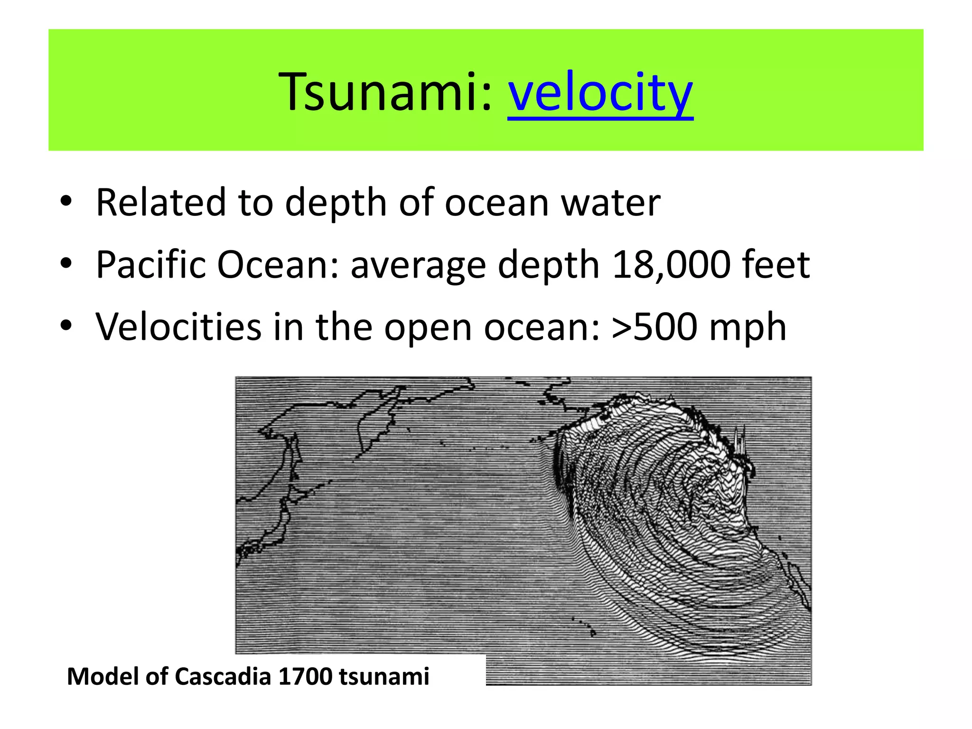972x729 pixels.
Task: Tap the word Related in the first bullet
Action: click(x=160, y=203)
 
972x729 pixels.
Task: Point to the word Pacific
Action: click(x=150, y=265)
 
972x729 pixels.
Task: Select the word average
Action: click(x=418, y=265)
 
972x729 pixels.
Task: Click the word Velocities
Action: click(x=178, y=327)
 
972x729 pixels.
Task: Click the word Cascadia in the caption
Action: click(x=223, y=676)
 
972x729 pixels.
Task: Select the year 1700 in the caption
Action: click(x=305, y=676)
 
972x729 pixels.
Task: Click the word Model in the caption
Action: click(x=103, y=676)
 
